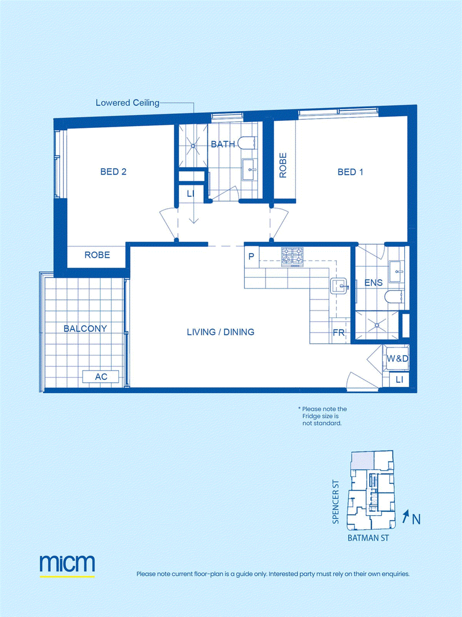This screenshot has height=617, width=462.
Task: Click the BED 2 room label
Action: [113, 172]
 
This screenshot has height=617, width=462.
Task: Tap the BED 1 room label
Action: [351, 172]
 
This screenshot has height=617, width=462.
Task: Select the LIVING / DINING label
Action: [221, 332]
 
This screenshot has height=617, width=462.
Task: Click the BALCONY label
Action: [85, 328]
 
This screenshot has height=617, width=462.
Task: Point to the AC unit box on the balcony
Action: [100, 376]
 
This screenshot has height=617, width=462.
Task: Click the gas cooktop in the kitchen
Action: [293, 257]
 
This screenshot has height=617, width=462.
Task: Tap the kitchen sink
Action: [338, 286]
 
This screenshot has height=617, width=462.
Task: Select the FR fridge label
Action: [338, 333]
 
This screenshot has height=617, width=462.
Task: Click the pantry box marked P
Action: [251, 257]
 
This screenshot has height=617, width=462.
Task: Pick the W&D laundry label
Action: [397, 359]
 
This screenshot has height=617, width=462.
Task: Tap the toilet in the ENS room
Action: [394, 297]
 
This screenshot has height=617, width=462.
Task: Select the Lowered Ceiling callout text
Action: [128, 103]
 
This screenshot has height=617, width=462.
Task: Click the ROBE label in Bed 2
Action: [98, 255]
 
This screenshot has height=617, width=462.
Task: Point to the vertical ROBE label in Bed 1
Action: [283, 165]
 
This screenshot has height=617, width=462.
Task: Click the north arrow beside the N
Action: [406, 516]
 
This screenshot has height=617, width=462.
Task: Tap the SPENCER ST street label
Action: [336, 502]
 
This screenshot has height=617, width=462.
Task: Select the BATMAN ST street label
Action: [368, 538]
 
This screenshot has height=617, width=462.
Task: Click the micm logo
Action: [67, 563]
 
